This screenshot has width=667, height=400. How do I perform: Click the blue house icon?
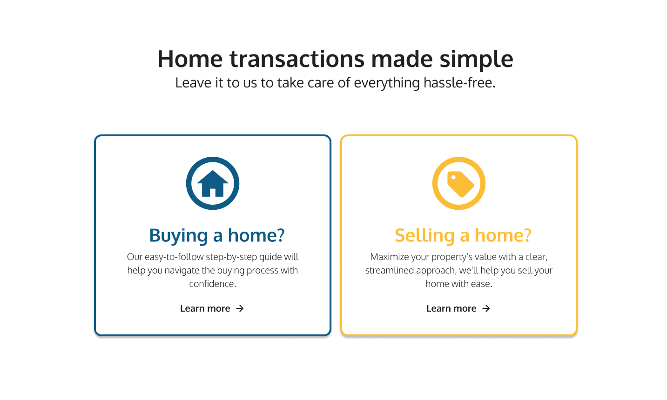(x=213, y=183)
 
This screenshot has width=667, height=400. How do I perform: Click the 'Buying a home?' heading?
(x=217, y=235)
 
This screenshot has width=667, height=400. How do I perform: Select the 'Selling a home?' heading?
(x=463, y=235)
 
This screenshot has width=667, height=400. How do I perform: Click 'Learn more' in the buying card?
(x=205, y=308)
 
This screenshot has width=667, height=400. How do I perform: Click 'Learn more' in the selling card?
(x=451, y=308)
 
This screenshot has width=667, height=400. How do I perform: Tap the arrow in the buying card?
(x=240, y=309)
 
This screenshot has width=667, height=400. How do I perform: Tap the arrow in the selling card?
(x=486, y=309)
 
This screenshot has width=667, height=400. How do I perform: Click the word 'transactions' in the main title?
(x=297, y=59)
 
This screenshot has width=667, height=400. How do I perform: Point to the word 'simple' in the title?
(x=477, y=60)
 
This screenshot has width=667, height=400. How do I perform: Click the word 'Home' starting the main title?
(x=190, y=59)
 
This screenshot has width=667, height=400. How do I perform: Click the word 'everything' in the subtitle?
(x=387, y=83)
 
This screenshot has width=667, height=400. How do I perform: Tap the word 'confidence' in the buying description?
(x=211, y=284)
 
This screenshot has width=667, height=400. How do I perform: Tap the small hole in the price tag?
(x=453, y=177)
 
